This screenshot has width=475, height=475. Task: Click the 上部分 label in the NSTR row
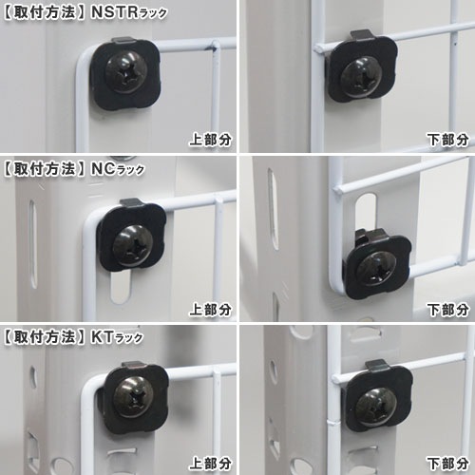coord(211,140)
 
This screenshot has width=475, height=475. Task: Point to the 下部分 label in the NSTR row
coord(447,140)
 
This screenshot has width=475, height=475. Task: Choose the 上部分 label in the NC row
coord(211,309)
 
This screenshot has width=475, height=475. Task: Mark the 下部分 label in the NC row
coord(447,309)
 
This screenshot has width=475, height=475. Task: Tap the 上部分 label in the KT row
coord(211,463)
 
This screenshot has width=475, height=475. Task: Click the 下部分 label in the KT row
coord(447,463)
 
